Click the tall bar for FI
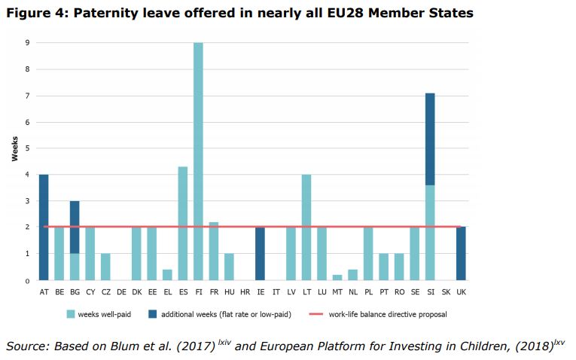pyautogui.click(x=198, y=161)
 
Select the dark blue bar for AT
pyautogui.click(x=44, y=227)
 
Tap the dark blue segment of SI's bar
pyautogui.click(x=429, y=139)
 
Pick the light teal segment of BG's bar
pyautogui.click(x=75, y=267)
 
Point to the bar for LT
pyautogui.click(x=306, y=227)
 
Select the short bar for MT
pyautogui.click(x=337, y=277)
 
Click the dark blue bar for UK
pyautogui.click(x=460, y=254)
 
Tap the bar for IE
pyautogui.click(x=260, y=254)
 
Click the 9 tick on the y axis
pyautogui.click(x=27, y=44)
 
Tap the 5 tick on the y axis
pyautogui.click(x=27, y=148)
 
